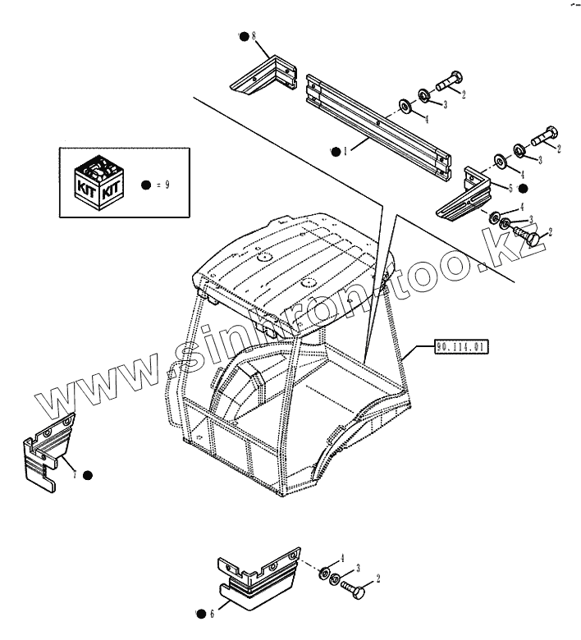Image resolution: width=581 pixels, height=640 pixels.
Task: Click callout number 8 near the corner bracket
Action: click(254, 36)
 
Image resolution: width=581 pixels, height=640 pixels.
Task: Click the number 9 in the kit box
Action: click(167, 185)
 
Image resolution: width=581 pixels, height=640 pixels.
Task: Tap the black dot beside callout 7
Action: click(88, 475)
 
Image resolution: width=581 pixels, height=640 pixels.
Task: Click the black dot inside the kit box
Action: click(146, 185)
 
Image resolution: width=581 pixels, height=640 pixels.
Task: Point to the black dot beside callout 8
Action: click(244, 35)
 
